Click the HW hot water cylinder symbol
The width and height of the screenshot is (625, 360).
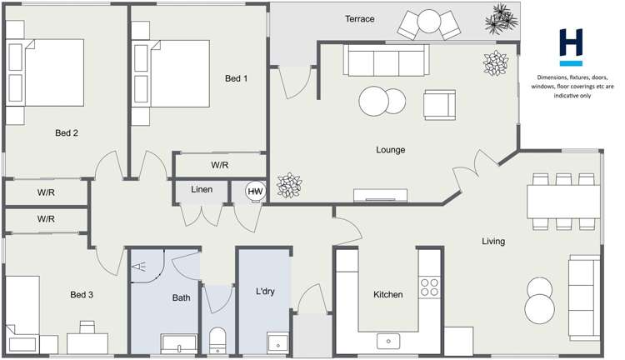tap(254, 192)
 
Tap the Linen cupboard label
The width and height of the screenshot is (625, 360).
tap(202, 190)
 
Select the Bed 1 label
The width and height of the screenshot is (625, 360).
tap(237, 78)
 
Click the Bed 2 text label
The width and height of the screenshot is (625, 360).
tap(67, 132)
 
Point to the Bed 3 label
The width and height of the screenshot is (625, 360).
tap(82, 294)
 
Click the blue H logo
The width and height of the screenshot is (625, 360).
tap(571, 47)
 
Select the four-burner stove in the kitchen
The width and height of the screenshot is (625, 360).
tap(429, 287)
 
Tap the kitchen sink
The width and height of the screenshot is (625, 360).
tap(388, 341)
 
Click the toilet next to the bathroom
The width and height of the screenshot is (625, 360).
tap(217, 339)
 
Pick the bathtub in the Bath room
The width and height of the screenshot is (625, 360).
tap(178, 342)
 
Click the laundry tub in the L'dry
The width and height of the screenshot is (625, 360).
tap(277, 342)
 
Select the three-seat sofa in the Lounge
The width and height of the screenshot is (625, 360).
tap(386, 59)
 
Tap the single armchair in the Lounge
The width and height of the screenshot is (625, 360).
tap(439, 103)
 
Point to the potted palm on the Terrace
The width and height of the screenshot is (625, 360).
tap(501, 17)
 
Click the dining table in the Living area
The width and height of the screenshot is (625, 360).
tap(563, 201)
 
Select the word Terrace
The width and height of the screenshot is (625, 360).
tap(359, 18)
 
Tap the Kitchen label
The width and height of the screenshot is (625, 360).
tap(387, 294)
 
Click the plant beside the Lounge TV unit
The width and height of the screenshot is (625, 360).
tap(289, 185)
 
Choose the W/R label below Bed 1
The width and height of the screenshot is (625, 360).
tap(219, 165)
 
